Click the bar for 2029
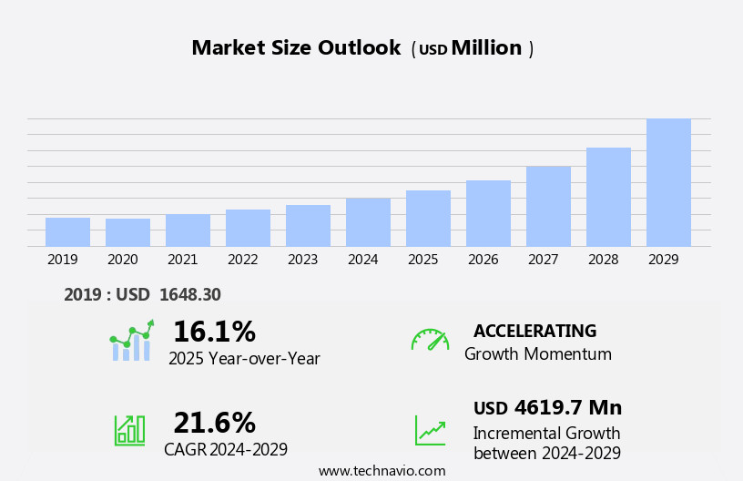tap(668, 182)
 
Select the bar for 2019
tap(67, 231)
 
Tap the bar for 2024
tap(368, 221)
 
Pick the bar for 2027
tap(548, 206)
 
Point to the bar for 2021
tap(188, 230)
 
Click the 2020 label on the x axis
tap(123, 260)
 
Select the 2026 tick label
tap(483, 260)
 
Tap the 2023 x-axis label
tap(303, 260)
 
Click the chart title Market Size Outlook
tap(296, 48)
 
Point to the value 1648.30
tap(189, 294)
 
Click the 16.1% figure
tap(214, 332)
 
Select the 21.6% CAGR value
tap(214, 423)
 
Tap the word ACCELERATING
tap(535, 331)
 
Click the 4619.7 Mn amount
tap(567, 407)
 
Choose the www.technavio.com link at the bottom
tap(382, 471)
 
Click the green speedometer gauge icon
tap(430, 340)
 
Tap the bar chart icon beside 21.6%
tap(129, 429)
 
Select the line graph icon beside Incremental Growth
tap(430, 430)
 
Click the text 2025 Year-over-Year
tap(244, 359)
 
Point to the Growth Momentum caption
tap(538, 354)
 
